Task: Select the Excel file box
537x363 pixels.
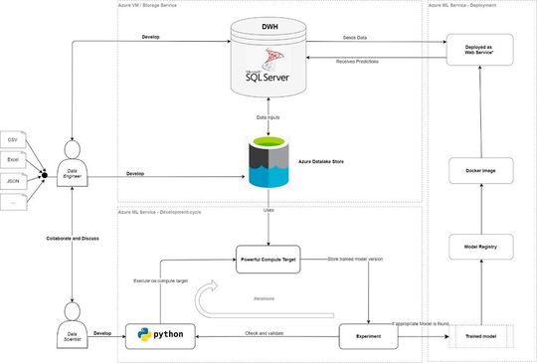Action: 13,159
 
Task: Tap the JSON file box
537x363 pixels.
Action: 13,182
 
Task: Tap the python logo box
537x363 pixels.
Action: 160,333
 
